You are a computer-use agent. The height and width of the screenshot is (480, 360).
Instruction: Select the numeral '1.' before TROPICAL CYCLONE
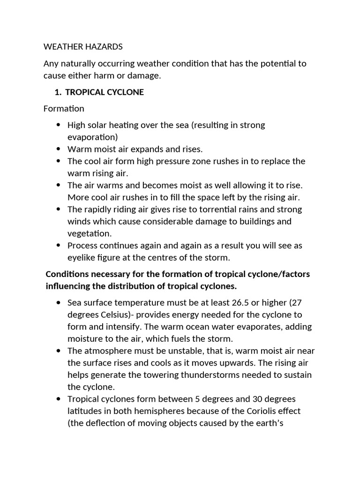[x=59, y=92]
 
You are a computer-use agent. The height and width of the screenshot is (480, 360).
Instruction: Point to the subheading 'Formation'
[x=64, y=109]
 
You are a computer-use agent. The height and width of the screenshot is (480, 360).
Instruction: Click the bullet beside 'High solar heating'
[x=58, y=125]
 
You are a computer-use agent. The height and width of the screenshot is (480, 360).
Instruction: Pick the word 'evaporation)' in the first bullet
[x=93, y=137]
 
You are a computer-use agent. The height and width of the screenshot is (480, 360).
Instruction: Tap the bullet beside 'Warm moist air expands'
[x=58, y=149]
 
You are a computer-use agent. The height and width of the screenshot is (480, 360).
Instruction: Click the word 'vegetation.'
[x=90, y=233]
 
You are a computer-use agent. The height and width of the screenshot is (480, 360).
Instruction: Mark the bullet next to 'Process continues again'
[x=58, y=245]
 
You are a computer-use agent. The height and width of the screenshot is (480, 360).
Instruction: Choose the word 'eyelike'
[x=82, y=257]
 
